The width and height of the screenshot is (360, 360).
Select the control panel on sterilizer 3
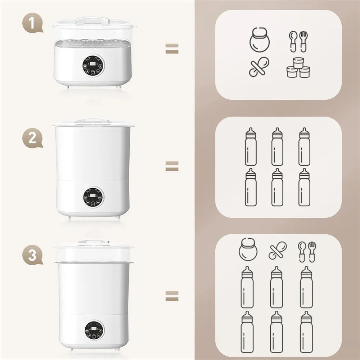[x=93, y=329]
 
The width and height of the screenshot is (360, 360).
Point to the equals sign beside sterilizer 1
[x=172, y=49]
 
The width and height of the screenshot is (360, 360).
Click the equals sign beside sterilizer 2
[x=172, y=166]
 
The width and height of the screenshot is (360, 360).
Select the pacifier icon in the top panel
[x=258, y=67]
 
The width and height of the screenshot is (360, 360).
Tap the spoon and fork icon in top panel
[x=299, y=41]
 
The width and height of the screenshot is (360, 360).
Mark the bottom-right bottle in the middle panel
[x=304, y=187]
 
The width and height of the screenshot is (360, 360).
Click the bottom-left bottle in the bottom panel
[x=247, y=327]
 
